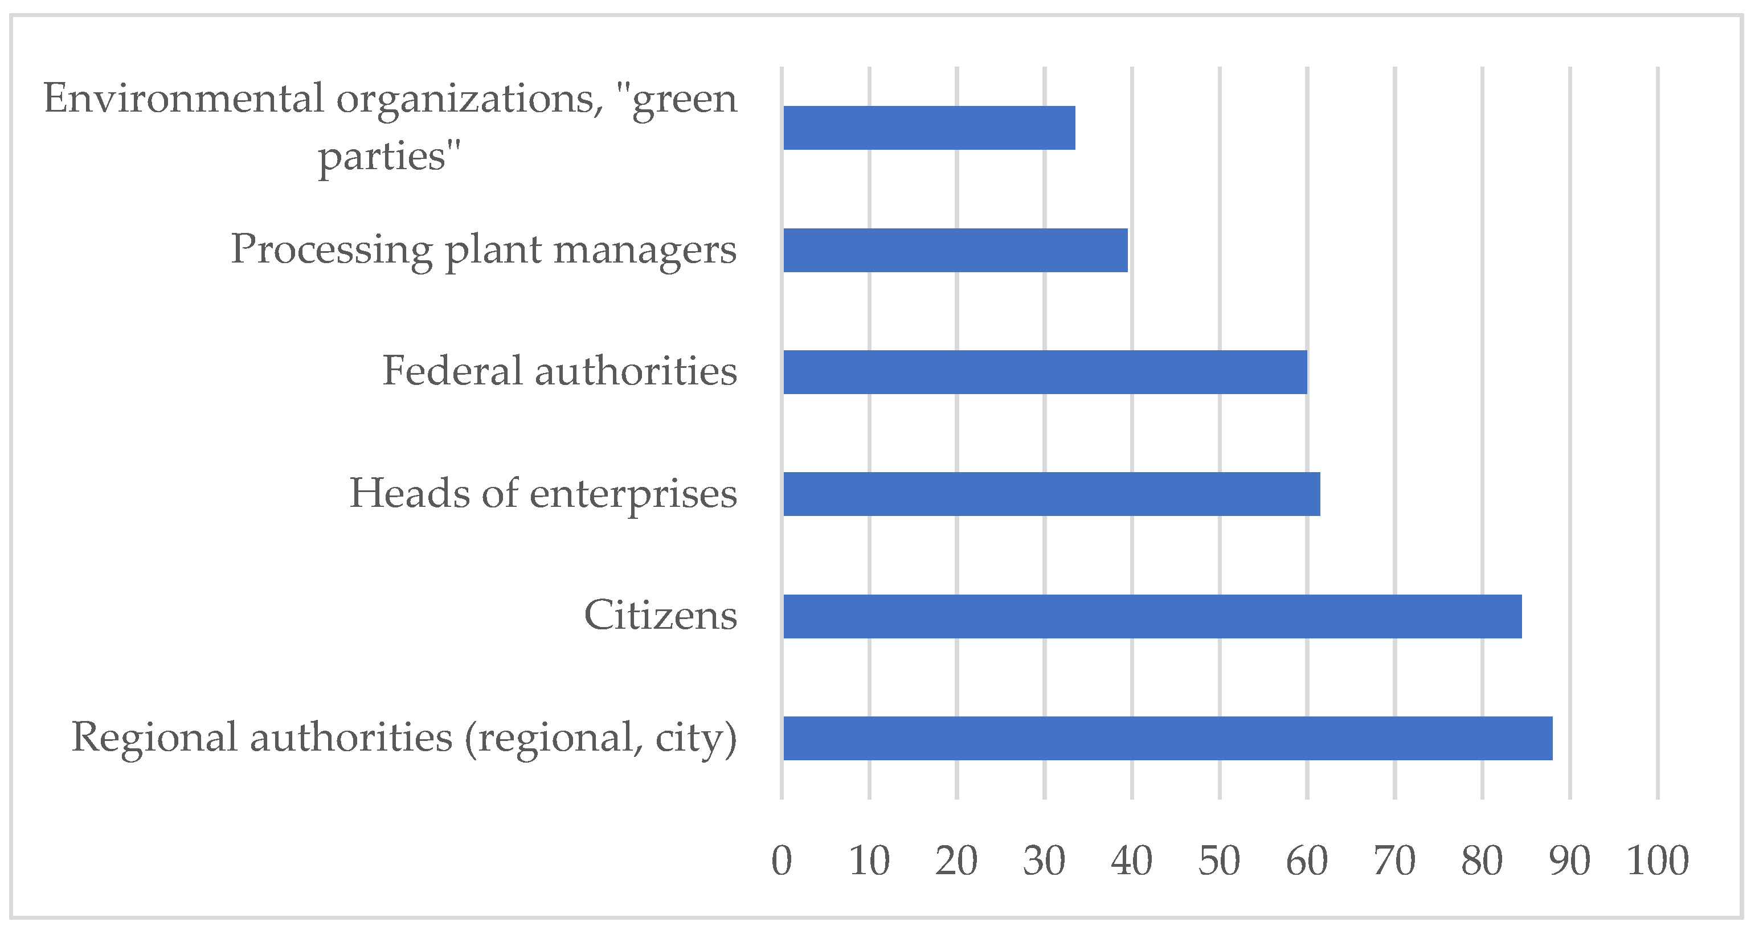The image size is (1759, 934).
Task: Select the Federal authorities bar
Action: coord(1045,372)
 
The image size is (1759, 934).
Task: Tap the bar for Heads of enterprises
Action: coord(1052,494)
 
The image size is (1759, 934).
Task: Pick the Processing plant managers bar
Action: coord(955,250)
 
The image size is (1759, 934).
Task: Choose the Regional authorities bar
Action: coord(1168,738)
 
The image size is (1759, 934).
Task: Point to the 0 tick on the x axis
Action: coord(782,861)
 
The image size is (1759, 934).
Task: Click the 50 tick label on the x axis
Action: coord(1220,861)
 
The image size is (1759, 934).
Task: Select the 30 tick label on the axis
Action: coord(1044,861)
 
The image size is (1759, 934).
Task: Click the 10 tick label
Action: coord(869,861)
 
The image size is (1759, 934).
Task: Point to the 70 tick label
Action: coord(1394,861)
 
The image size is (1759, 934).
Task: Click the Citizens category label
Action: coord(660,615)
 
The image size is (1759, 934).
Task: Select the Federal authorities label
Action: coord(559,371)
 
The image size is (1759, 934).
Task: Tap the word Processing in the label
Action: coord(332,250)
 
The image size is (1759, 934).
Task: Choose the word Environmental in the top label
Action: coord(183,99)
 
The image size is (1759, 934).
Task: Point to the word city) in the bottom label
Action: coord(696,739)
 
